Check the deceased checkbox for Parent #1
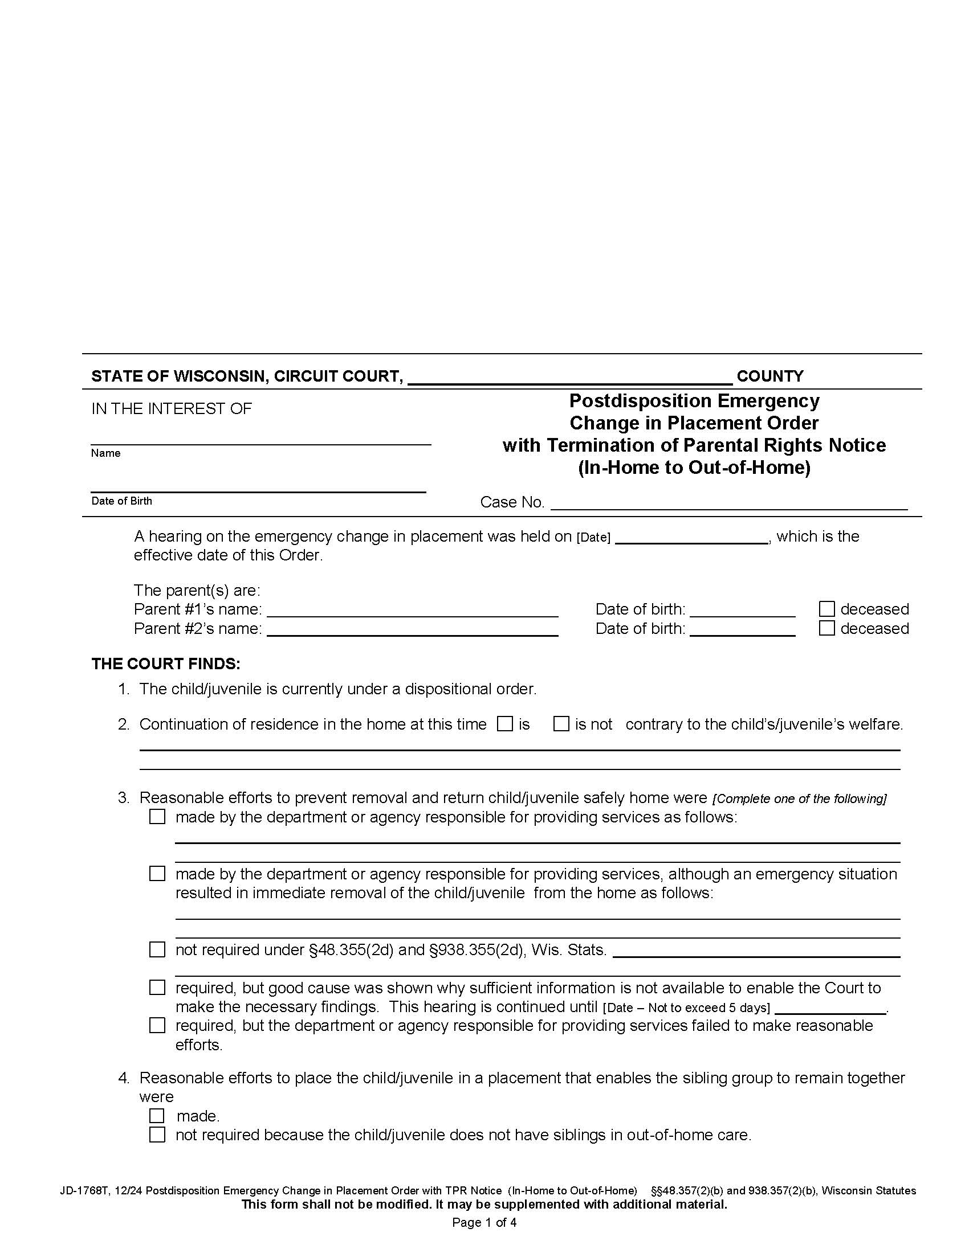(826, 609)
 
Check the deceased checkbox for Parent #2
(826, 628)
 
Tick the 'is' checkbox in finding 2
(505, 724)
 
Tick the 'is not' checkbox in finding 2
(561, 724)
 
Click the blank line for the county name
(569, 378)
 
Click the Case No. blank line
(728, 503)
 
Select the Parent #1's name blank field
(412, 610)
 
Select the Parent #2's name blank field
(412, 629)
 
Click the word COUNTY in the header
(770, 376)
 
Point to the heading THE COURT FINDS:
(166, 664)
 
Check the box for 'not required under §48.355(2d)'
(157, 949)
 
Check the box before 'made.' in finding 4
(157, 1116)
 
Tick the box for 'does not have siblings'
(157, 1135)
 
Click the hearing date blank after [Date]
(691, 538)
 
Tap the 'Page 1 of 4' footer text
(484, 1223)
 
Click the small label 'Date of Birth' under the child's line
(122, 501)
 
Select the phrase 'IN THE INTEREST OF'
(172, 408)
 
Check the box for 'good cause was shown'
(157, 988)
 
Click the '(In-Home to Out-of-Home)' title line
(694, 468)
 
